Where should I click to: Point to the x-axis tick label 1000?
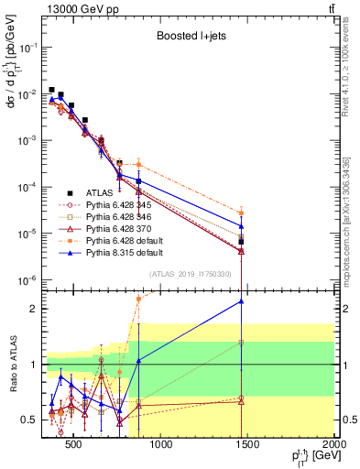[159, 445]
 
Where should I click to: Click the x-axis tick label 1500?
[246, 445]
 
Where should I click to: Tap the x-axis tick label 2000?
[333, 445]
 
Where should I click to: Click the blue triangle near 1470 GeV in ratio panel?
[241, 300]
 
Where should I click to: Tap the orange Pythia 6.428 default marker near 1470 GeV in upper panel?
[241, 213]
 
